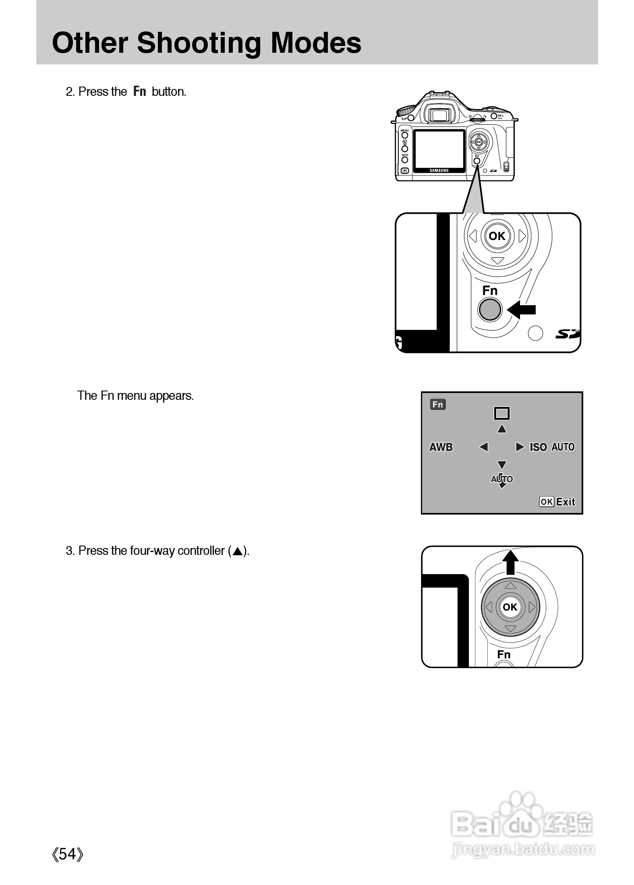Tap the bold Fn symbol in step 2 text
point(139,91)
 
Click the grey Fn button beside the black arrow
point(489,309)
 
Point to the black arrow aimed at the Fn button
point(521,309)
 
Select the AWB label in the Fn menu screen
point(441,447)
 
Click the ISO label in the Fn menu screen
point(538,447)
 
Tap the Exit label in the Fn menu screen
point(566,502)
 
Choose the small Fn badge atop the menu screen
point(437,404)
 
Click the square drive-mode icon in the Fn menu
point(501,413)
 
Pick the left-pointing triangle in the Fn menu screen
point(483,447)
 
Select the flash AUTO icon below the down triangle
point(501,479)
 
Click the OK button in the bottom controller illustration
point(510,607)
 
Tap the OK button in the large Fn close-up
point(497,236)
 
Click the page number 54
point(68,854)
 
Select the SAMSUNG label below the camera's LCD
point(439,170)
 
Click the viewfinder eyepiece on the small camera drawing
point(438,116)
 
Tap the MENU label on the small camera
point(404,130)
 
